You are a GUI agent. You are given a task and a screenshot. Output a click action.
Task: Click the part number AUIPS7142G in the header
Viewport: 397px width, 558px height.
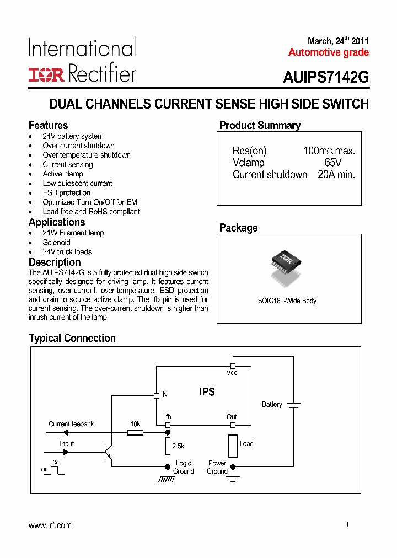click(326, 78)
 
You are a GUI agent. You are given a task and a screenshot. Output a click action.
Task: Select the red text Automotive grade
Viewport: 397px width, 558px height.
click(329, 52)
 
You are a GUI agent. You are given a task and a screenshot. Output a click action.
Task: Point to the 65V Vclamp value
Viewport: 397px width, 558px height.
click(333, 163)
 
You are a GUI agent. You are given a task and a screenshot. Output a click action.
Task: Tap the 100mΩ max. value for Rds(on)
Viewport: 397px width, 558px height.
click(329, 151)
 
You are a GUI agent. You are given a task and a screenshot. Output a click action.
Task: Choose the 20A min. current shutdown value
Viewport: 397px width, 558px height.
click(336, 175)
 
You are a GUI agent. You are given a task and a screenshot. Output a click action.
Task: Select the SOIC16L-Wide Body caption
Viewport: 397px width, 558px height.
click(287, 301)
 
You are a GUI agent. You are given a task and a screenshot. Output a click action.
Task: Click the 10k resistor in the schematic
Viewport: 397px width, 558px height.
click(135, 432)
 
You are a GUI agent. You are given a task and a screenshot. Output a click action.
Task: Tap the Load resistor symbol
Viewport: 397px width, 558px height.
click(233, 446)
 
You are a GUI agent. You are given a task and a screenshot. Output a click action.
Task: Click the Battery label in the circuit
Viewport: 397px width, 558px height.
click(272, 405)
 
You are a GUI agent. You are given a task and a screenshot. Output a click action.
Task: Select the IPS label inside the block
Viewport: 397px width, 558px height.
click(207, 392)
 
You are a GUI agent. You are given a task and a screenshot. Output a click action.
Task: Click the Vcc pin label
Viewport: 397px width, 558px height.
click(232, 373)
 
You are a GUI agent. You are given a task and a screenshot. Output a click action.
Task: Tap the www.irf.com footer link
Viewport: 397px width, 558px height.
click(50, 525)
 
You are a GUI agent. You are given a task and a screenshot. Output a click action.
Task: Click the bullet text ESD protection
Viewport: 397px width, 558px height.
click(66, 192)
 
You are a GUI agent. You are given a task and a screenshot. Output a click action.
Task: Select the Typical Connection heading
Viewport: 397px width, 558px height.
click(72, 338)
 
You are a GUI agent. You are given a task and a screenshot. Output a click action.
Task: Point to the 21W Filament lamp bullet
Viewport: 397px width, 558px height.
click(73, 233)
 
